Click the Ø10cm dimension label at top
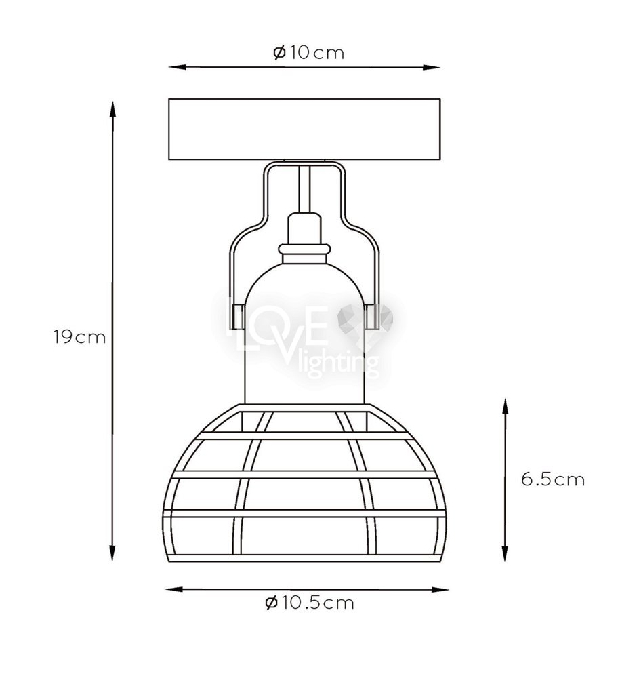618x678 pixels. coord(308,53)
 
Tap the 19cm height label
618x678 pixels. coord(79,337)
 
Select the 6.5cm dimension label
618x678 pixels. coord(553,479)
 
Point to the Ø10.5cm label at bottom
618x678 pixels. coord(310,602)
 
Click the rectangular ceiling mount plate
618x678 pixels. coord(304,129)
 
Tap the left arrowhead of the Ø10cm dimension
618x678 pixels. coord(177,67)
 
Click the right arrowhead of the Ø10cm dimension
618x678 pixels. coord(431,67)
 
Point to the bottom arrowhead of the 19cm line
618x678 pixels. coord(112,553)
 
